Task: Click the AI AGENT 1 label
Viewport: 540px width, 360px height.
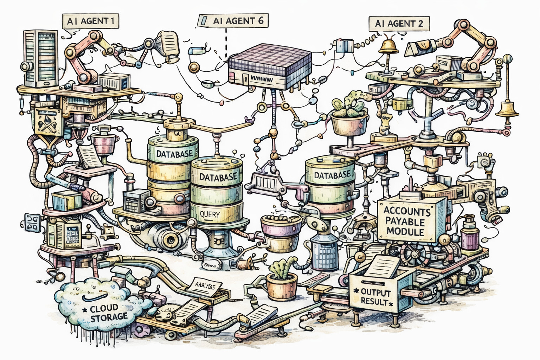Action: pyautogui.click(x=90, y=21)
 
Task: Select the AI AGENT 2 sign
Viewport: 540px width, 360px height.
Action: pyautogui.click(x=399, y=24)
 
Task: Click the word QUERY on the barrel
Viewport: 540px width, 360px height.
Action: pyautogui.click(x=210, y=214)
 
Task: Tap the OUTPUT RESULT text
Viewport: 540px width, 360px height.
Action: pyautogui.click(x=375, y=297)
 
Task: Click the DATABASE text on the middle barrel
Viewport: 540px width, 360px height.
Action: pyautogui.click(x=218, y=177)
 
